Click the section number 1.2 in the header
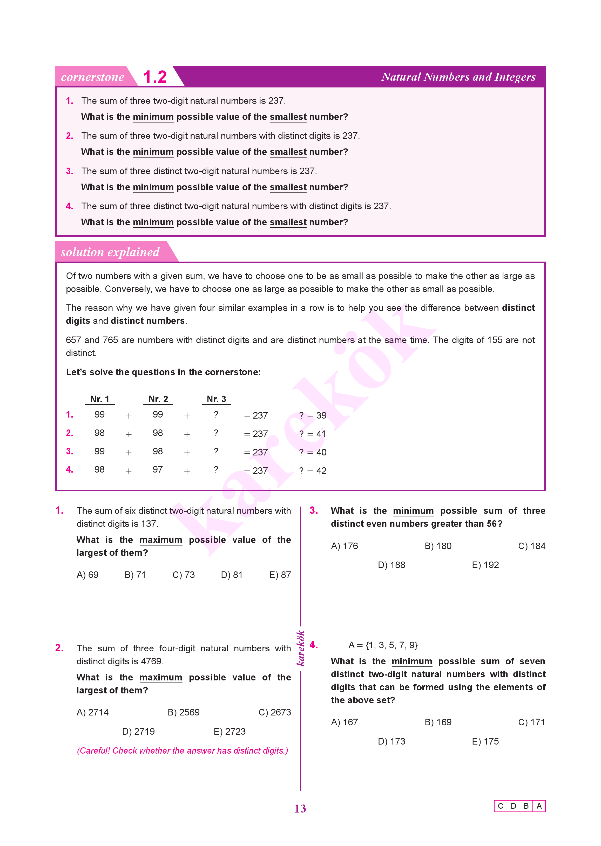click(x=155, y=77)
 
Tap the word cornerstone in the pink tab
click(x=92, y=77)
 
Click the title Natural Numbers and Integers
click(x=458, y=77)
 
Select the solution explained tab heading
click(x=110, y=252)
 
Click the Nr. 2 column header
click(x=158, y=399)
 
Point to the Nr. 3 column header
click(x=216, y=399)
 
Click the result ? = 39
click(x=313, y=415)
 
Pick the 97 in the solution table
click(x=158, y=469)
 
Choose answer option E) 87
click(x=280, y=575)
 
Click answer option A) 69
click(x=87, y=575)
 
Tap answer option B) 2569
click(x=183, y=712)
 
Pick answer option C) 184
click(x=531, y=546)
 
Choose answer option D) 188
click(x=391, y=565)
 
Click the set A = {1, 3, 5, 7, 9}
click(x=383, y=645)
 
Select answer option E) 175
click(x=485, y=741)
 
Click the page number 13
click(x=300, y=809)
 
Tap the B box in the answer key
click(x=526, y=806)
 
